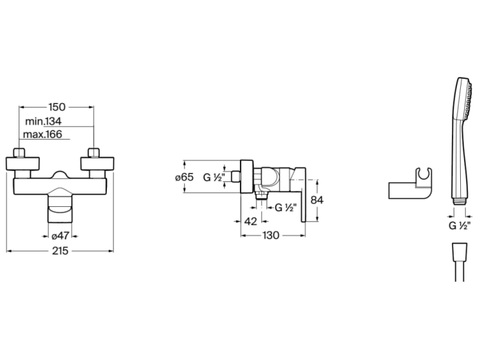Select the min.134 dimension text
pos(43,121)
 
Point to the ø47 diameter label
pos(59,234)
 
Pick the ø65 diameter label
pos(186,177)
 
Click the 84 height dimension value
pos(317,200)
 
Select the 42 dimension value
pos(251,221)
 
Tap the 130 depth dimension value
pos(271,235)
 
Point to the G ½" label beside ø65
pos(214,177)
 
